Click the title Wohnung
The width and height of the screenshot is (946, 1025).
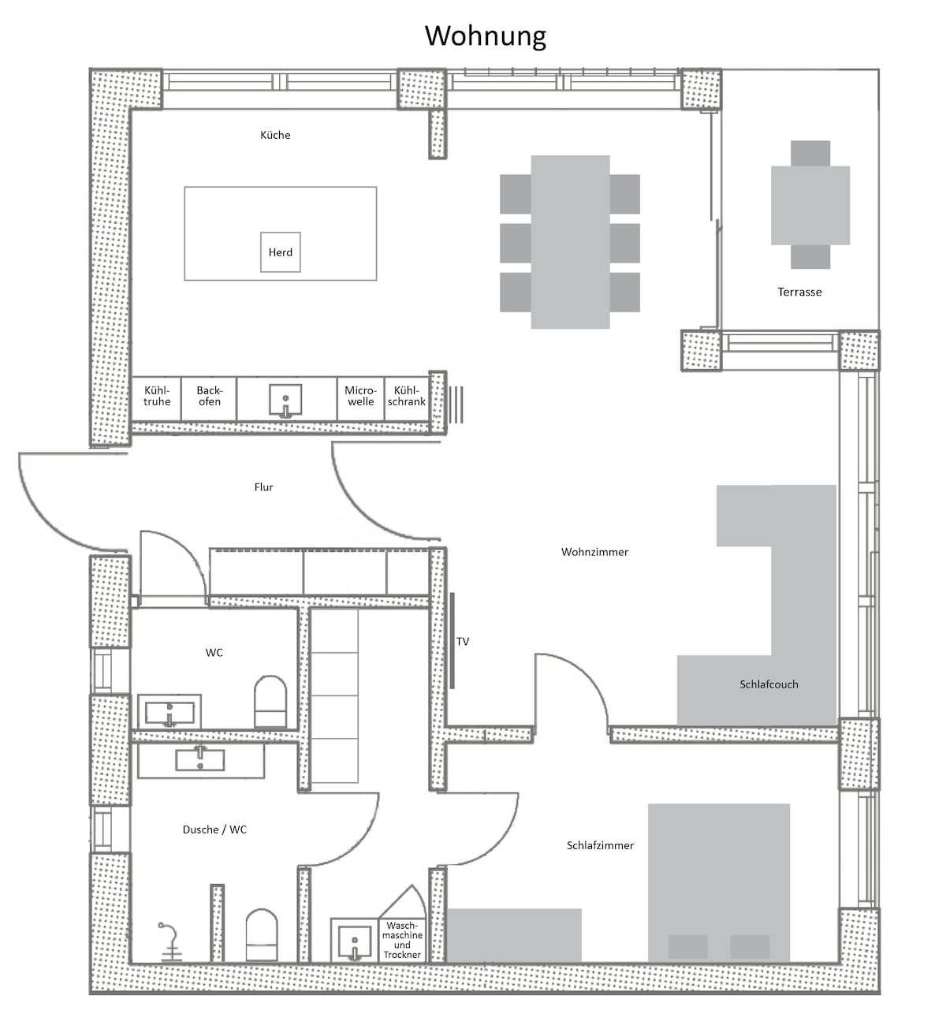click(x=485, y=36)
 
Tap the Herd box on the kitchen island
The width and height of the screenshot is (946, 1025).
click(x=280, y=252)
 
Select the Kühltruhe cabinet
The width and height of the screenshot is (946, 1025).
click(x=156, y=398)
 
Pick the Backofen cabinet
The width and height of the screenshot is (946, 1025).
click(x=209, y=398)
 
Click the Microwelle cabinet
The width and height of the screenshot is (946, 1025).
click(x=360, y=398)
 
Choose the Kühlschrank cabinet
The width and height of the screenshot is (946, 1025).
click(x=407, y=398)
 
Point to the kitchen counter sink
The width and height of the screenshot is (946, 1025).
click(x=285, y=401)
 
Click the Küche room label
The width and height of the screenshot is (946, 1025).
click(x=275, y=136)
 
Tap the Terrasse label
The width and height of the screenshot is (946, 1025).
click(x=799, y=292)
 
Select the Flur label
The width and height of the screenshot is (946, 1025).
click(x=263, y=487)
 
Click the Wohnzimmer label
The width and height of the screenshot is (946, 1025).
click(x=594, y=552)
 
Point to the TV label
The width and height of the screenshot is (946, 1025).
click(x=463, y=642)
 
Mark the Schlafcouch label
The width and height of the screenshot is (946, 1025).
click(x=769, y=684)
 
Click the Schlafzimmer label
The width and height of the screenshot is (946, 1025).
click(x=600, y=845)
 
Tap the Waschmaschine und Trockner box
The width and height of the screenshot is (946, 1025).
click(x=402, y=940)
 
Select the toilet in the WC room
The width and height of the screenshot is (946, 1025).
click(x=270, y=702)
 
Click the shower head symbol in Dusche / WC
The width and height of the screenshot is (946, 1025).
click(x=169, y=941)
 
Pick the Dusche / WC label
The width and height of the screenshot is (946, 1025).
click(x=214, y=830)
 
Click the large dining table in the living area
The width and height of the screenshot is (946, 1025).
click(x=570, y=241)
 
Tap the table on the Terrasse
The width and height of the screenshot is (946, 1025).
click(x=810, y=205)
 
